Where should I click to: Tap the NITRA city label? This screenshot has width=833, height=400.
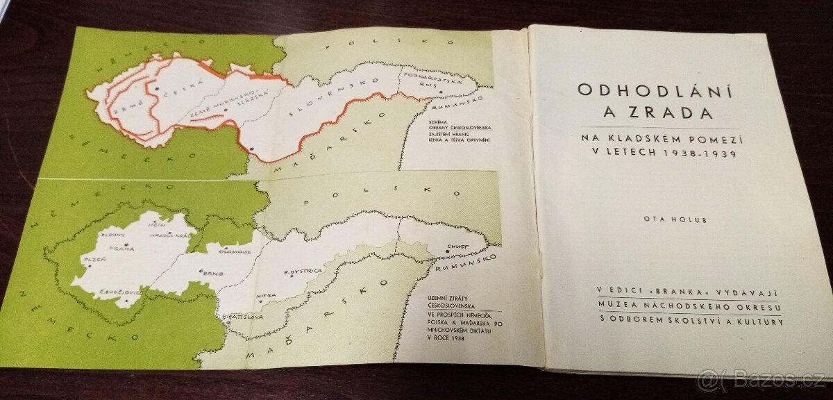coord(267,296)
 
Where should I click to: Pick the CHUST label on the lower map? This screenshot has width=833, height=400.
coord(457,247)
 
